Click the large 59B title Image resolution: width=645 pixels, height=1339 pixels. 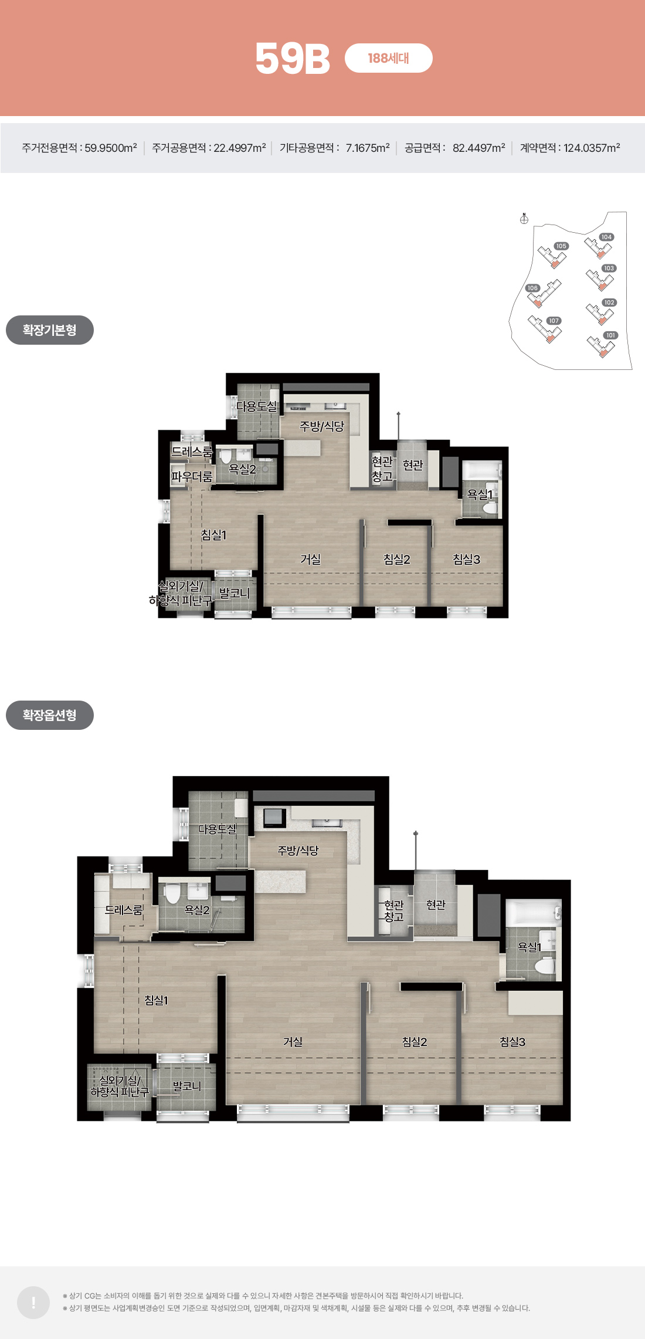click(293, 59)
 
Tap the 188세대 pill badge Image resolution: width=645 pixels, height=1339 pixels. click(389, 58)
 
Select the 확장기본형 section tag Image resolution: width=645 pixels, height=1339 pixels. click(50, 330)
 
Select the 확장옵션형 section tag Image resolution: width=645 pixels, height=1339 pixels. click(50, 715)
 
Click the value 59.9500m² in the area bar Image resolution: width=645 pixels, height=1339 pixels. click(111, 148)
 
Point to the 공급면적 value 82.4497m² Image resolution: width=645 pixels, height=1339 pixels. click(478, 148)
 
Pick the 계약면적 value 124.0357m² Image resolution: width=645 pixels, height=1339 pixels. click(592, 148)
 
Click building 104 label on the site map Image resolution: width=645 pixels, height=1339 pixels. click(606, 237)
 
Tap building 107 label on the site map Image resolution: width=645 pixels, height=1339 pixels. click(554, 321)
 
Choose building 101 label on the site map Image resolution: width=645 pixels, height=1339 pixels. click(611, 335)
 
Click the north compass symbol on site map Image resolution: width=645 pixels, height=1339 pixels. click(524, 219)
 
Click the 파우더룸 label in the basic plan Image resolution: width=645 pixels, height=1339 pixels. click(192, 477)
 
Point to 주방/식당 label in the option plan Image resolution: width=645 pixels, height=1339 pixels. click(298, 850)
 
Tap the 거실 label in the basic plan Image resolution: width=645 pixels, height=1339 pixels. click(311, 559)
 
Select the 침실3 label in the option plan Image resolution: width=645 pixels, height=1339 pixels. click(512, 1042)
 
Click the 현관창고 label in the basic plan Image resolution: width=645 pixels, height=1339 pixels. click(382, 469)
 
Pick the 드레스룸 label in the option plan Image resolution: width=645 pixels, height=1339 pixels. click(124, 910)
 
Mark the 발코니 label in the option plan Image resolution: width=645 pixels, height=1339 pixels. click(187, 1086)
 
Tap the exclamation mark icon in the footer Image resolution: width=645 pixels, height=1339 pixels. click(33, 1303)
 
